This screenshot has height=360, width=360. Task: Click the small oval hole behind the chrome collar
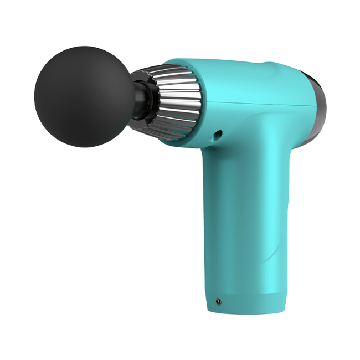click(x=218, y=135)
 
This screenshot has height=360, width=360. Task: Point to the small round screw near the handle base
click(x=218, y=302)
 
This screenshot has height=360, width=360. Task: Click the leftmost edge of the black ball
click(x=34, y=97)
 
